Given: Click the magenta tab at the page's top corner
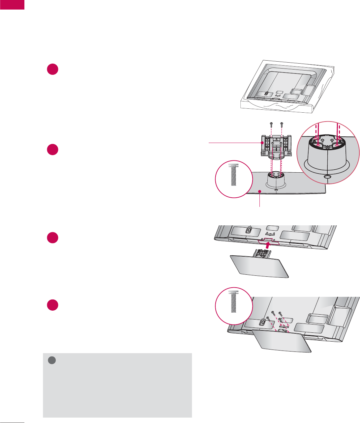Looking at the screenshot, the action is click(x=12, y=5).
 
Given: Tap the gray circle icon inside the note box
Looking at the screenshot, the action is click(x=51, y=360).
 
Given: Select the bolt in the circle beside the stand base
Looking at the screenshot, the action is click(x=233, y=174).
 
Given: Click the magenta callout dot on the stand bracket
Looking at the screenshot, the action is click(x=262, y=143).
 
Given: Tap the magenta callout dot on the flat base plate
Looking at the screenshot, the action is click(x=259, y=191).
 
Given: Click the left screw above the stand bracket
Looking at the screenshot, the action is click(x=271, y=124).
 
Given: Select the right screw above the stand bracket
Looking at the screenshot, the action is click(x=281, y=124).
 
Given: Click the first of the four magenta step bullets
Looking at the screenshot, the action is click(x=52, y=69).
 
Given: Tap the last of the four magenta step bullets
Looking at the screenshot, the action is click(x=52, y=305).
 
